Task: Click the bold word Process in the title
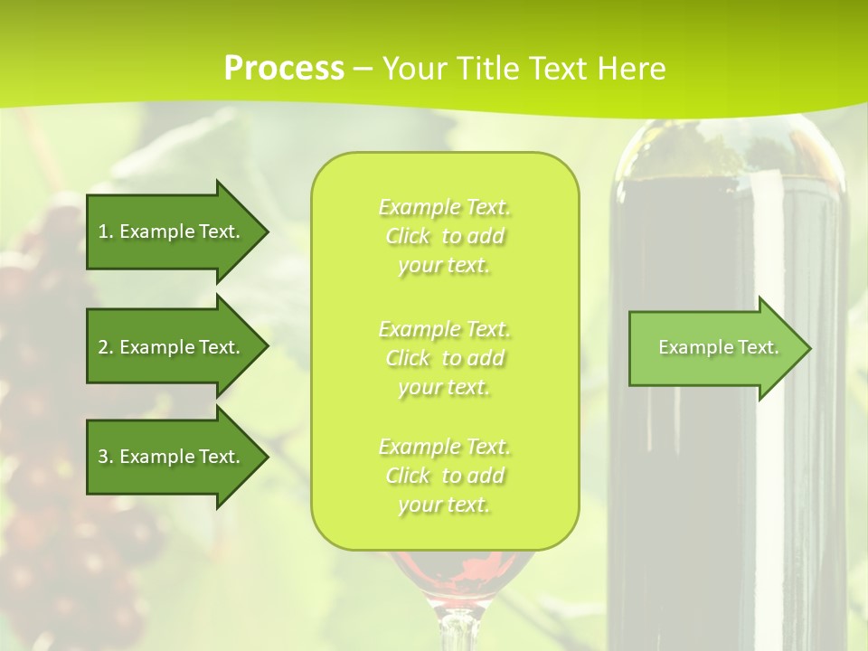(x=284, y=69)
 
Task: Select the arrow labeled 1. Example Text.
(x=172, y=231)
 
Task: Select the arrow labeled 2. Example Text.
(x=172, y=347)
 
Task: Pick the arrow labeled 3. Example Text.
(x=172, y=457)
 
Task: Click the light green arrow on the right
(x=714, y=347)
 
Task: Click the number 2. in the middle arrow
(x=106, y=347)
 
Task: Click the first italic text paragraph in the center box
(x=445, y=236)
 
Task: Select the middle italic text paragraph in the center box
(x=445, y=357)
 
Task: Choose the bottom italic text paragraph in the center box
(x=445, y=476)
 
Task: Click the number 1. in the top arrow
(x=106, y=231)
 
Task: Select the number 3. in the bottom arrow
(x=106, y=457)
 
